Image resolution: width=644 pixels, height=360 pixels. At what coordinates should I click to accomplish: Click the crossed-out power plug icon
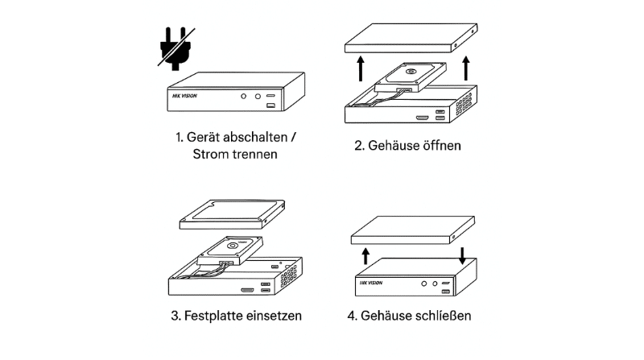(x=175, y=48)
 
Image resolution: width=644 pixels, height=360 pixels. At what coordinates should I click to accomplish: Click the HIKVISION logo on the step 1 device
(x=184, y=96)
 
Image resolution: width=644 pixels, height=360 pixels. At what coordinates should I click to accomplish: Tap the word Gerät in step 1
(x=203, y=137)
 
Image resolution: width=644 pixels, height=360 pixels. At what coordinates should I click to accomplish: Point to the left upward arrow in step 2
(x=361, y=68)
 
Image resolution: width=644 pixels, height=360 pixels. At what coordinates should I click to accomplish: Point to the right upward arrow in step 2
(x=466, y=68)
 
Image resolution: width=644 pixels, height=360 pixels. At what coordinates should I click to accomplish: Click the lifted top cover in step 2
(x=411, y=38)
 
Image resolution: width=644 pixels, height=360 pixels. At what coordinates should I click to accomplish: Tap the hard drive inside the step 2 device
(x=411, y=77)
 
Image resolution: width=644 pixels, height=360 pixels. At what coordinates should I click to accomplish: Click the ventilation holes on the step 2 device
(x=464, y=105)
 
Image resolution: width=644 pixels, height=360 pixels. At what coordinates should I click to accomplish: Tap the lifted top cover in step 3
(x=232, y=214)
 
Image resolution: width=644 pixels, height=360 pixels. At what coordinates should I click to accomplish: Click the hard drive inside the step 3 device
(x=230, y=250)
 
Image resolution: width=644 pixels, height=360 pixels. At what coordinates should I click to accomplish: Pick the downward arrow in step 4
(x=462, y=255)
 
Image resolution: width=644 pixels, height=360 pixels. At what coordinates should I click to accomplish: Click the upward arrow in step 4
(x=365, y=256)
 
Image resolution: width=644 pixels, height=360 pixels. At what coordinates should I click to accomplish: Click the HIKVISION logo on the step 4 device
(x=371, y=283)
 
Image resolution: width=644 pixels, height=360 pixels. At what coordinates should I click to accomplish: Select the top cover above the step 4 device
(x=413, y=230)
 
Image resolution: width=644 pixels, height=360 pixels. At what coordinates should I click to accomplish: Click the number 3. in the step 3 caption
(x=175, y=316)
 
